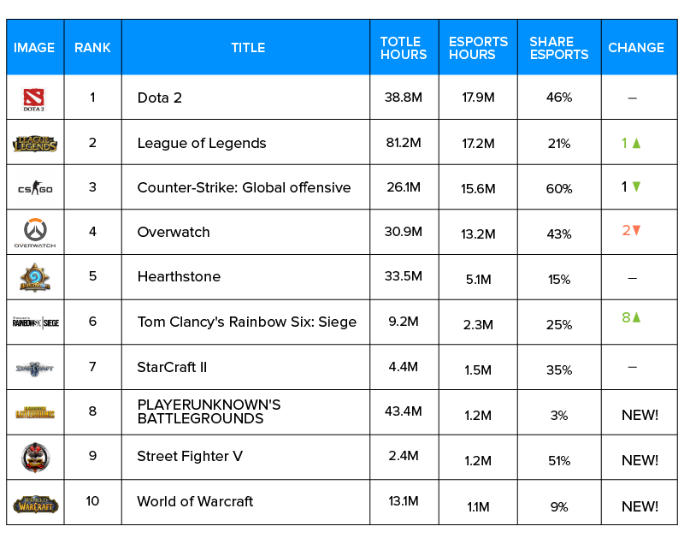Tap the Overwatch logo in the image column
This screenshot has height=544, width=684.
click(x=35, y=233)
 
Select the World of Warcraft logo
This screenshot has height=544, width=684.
click(x=35, y=503)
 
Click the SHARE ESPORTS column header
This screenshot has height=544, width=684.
click(x=559, y=48)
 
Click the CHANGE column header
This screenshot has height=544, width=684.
click(x=636, y=48)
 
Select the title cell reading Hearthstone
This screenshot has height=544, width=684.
click(x=179, y=276)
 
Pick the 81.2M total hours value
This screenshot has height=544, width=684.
click(x=404, y=143)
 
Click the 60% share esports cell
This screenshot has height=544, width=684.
click(x=559, y=188)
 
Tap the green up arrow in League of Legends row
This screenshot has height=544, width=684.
click(x=636, y=143)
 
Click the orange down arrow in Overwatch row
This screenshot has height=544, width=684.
click(x=636, y=230)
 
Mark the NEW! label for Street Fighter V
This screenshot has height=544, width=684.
click(x=640, y=460)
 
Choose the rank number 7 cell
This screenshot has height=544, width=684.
click(x=92, y=366)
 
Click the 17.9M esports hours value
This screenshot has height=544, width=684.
click(x=478, y=98)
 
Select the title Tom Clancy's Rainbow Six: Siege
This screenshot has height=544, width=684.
click(x=247, y=322)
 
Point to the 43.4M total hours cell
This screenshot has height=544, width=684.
click(x=404, y=411)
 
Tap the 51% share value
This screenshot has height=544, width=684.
click(x=559, y=460)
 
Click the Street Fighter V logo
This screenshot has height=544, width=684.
click(x=35, y=458)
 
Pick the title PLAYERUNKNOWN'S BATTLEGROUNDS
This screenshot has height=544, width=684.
click(x=209, y=411)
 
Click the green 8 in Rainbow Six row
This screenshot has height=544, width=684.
click(x=626, y=317)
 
